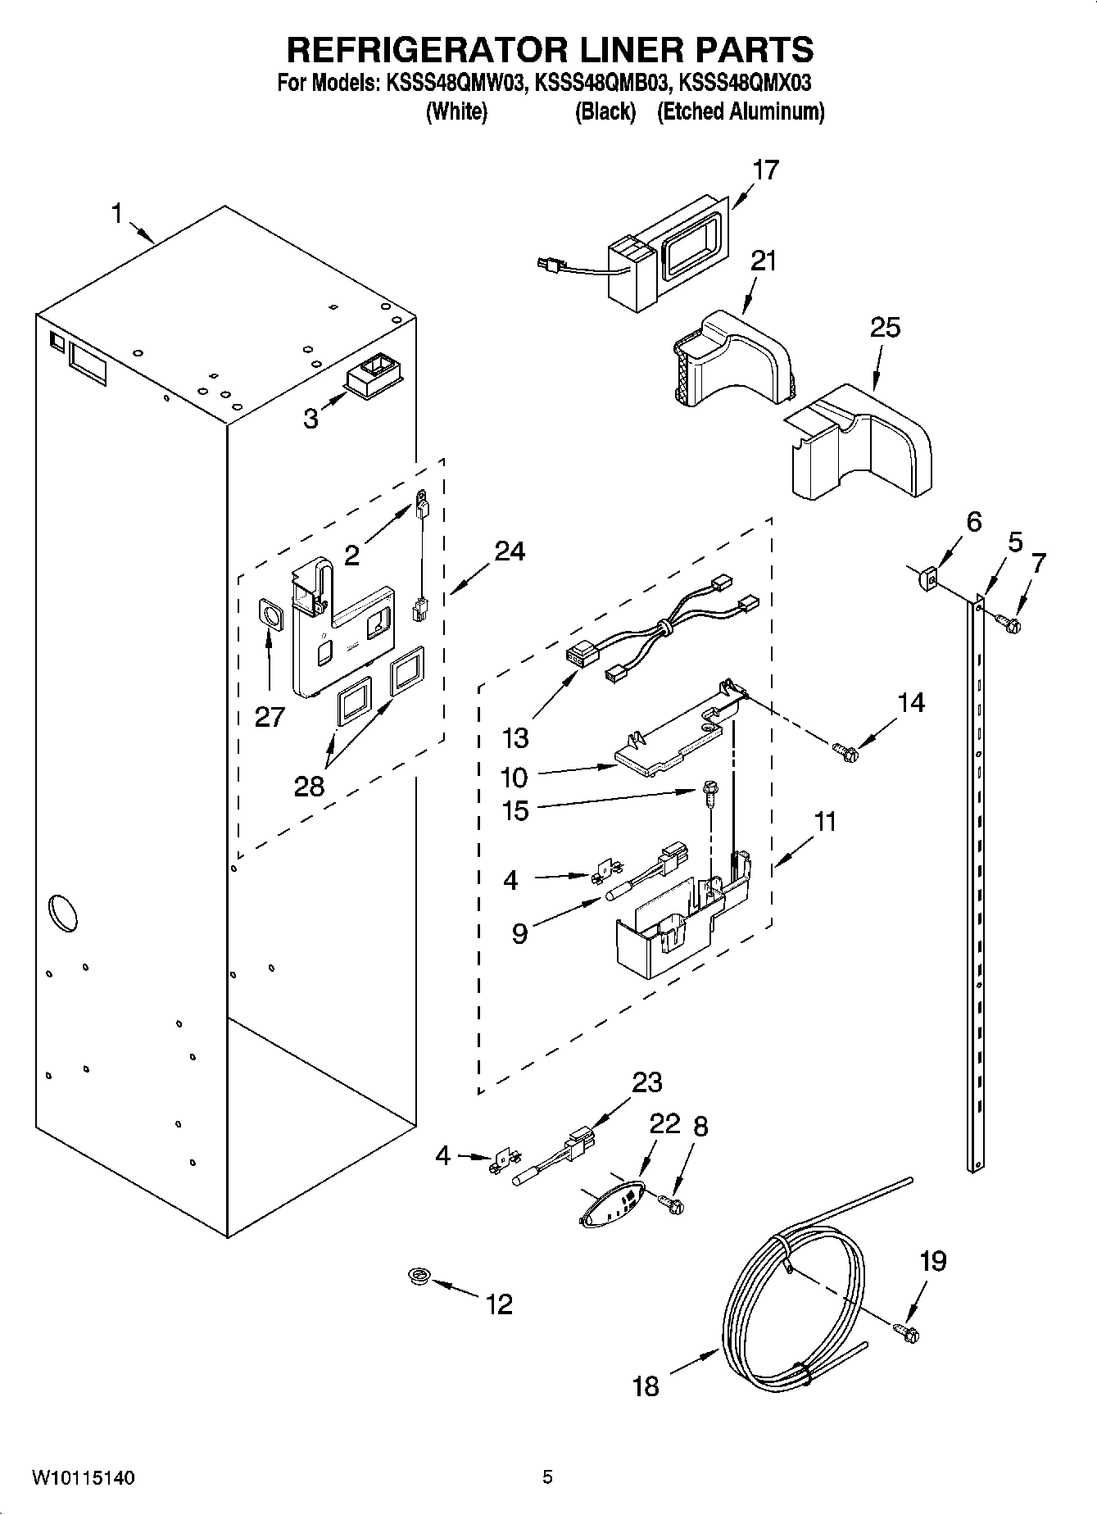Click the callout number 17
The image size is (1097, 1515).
tap(765, 170)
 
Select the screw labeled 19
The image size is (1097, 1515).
tap(908, 1333)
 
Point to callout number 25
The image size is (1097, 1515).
tap(885, 328)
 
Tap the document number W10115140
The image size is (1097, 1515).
tap(84, 1478)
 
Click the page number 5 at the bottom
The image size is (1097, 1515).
tap(547, 1477)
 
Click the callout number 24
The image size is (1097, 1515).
tap(509, 551)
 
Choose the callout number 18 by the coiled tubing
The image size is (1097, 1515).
tap(646, 1386)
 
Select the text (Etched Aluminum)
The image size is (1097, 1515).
tap(741, 111)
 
